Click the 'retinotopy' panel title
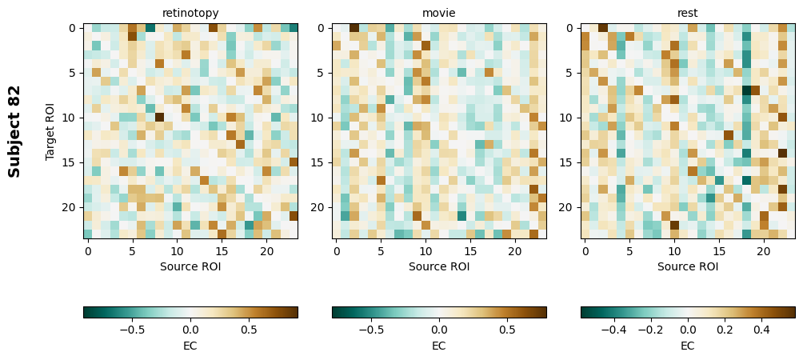pos(190,13)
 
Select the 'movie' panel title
pos(439,13)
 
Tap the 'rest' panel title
pos(688,13)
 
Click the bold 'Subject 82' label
pos(14,131)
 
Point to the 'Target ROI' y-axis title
pos(50,131)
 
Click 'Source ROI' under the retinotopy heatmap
pos(190,266)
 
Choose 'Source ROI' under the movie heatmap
pos(439,266)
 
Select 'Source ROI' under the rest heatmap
pos(688,266)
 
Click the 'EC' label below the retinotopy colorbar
pos(190,346)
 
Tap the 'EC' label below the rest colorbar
pos(688,346)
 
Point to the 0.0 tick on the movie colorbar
pos(439,329)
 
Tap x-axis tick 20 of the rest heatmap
pos(764,252)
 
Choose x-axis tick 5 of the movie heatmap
pos(381,252)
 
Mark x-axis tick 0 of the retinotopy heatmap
pos(88,252)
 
